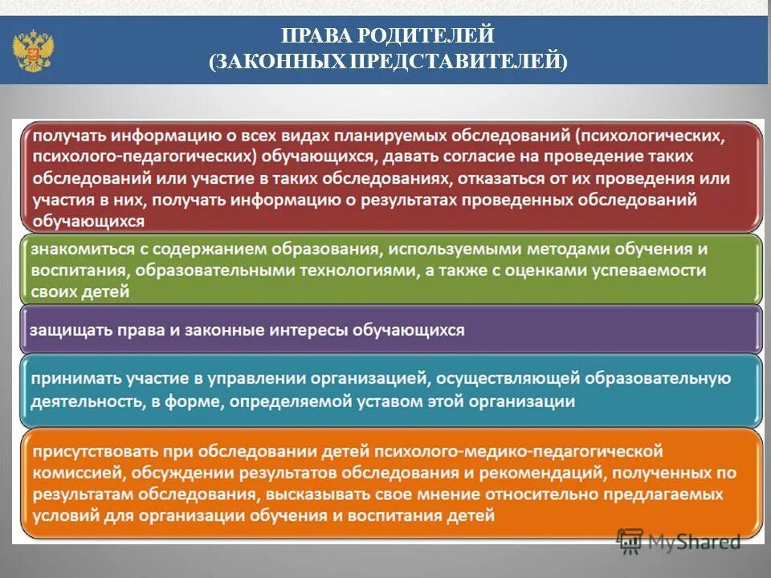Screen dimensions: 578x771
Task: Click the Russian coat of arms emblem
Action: (33, 50)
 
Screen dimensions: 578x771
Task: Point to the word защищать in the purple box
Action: (64, 330)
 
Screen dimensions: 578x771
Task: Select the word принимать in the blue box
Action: (71, 379)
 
